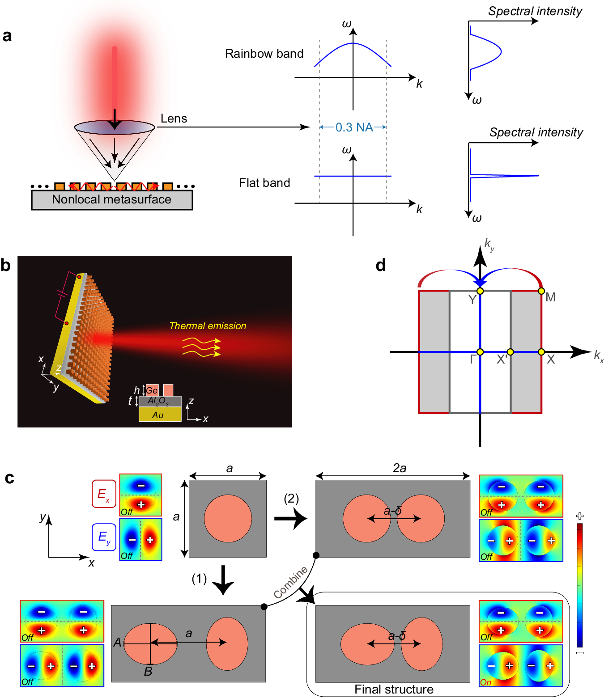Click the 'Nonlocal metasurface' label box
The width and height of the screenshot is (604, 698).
pyautogui.click(x=112, y=200)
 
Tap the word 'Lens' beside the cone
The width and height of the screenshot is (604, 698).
pyautogui.click(x=174, y=118)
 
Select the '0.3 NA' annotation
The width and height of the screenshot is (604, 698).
pyautogui.click(x=354, y=127)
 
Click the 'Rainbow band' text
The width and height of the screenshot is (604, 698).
pyautogui.click(x=264, y=54)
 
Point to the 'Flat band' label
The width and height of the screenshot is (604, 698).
pyautogui.click(x=264, y=183)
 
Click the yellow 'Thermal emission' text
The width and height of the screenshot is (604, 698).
pyautogui.click(x=208, y=326)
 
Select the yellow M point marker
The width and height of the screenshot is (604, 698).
pyautogui.click(x=541, y=291)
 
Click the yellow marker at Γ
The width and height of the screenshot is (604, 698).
pyautogui.click(x=480, y=352)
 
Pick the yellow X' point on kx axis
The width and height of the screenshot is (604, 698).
pyautogui.click(x=510, y=352)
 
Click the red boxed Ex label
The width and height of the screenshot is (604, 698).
pyautogui.click(x=104, y=494)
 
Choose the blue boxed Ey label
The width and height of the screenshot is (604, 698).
pyautogui.click(x=104, y=537)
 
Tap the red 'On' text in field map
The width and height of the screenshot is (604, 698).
pyautogui.click(x=486, y=682)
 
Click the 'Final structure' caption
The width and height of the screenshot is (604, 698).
pyautogui.click(x=394, y=689)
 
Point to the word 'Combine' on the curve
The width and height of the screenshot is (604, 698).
pyautogui.click(x=290, y=582)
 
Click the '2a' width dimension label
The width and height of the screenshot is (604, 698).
pyautogui.click(x=400, y=468)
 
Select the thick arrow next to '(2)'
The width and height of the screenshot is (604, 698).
pyautogui.click(x=290, y=519)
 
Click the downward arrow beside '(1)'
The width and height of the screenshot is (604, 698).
pyautogui.click(x=222, y=580)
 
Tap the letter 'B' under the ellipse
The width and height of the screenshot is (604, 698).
pyautogui.click(x=148, y=672)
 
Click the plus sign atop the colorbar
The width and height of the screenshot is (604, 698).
pyautogui.click(x=580, y=516)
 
